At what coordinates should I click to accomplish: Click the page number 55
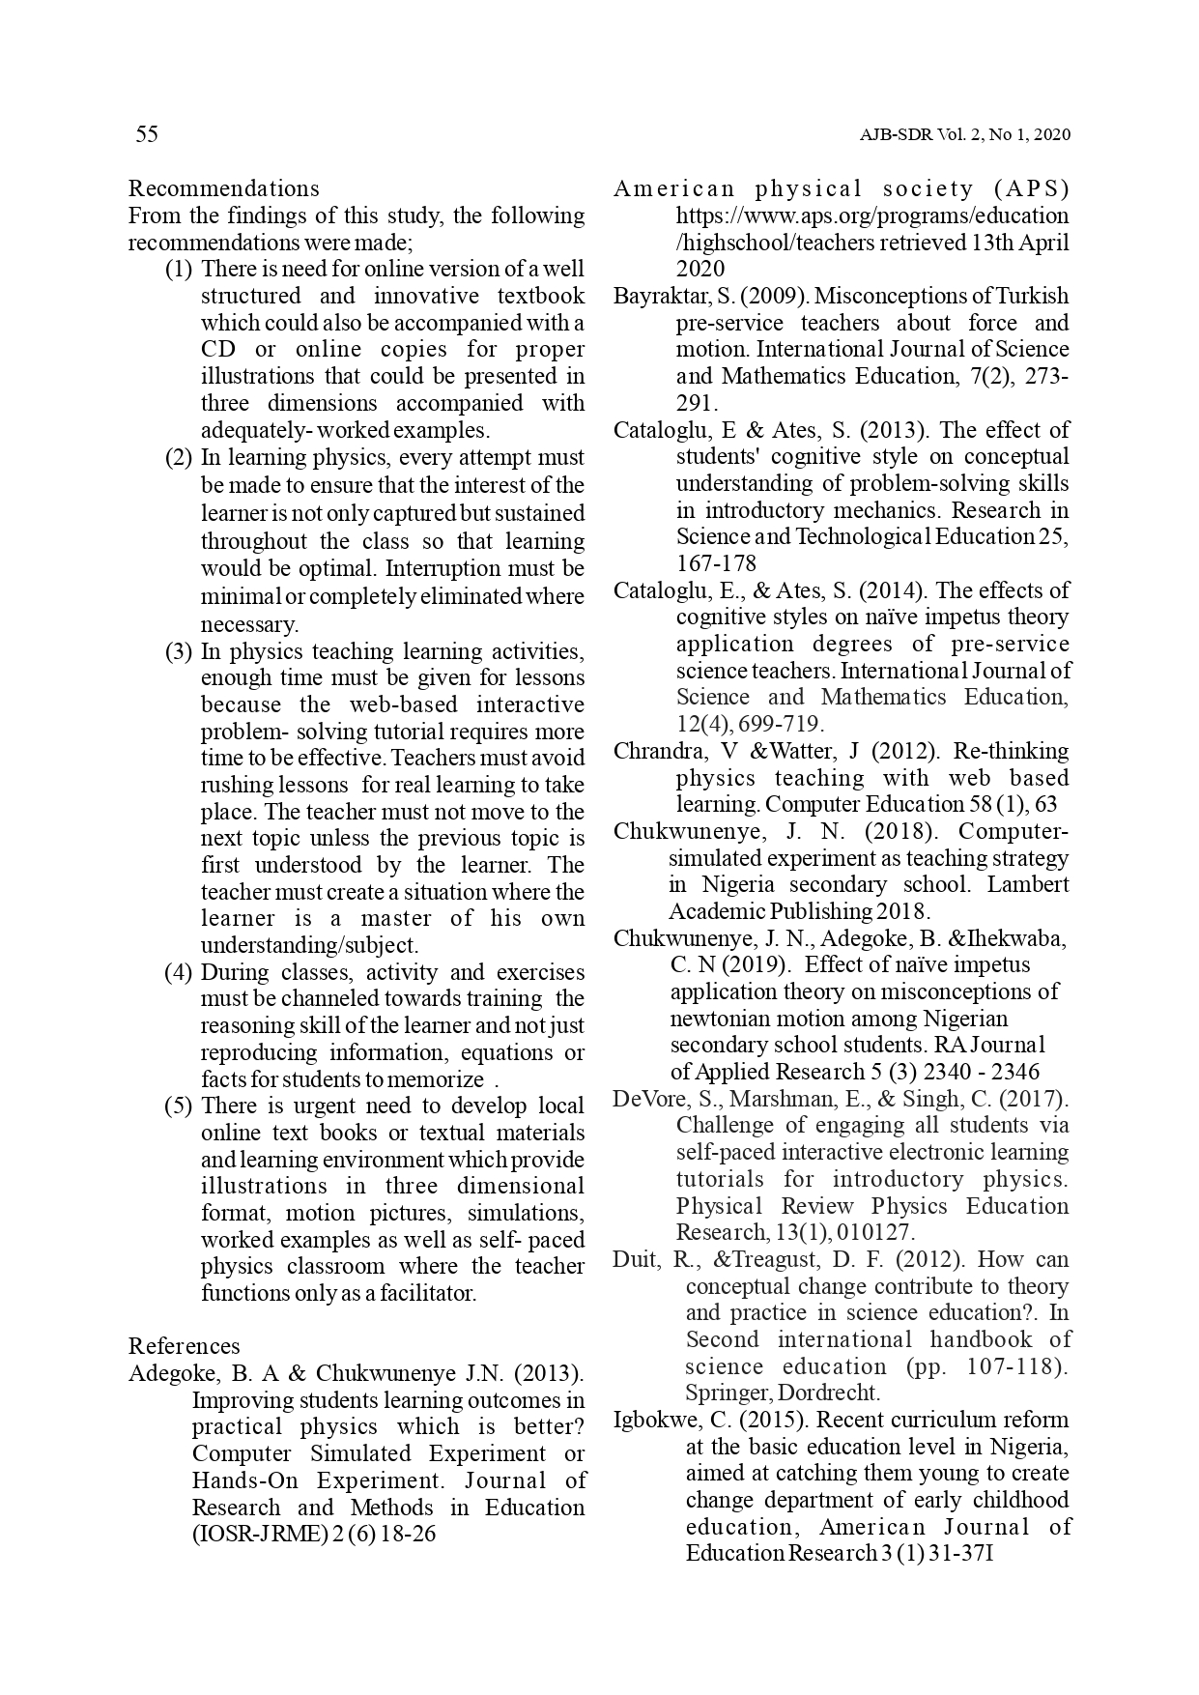tap(147, 134)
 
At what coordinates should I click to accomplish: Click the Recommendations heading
tap(223, 188)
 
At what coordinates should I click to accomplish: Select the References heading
tap(184, 1346)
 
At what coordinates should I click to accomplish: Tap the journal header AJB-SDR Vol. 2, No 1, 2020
tap(964, 135)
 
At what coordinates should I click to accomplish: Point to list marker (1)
tap(179, 269)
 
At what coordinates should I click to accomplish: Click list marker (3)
tap(179, 651)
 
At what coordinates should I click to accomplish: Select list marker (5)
tap(179, 1106)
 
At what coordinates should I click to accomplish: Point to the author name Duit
tap(635, 1259)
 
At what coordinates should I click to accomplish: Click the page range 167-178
tap(716, 563)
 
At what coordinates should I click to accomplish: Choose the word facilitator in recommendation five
tap(422, 1293)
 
